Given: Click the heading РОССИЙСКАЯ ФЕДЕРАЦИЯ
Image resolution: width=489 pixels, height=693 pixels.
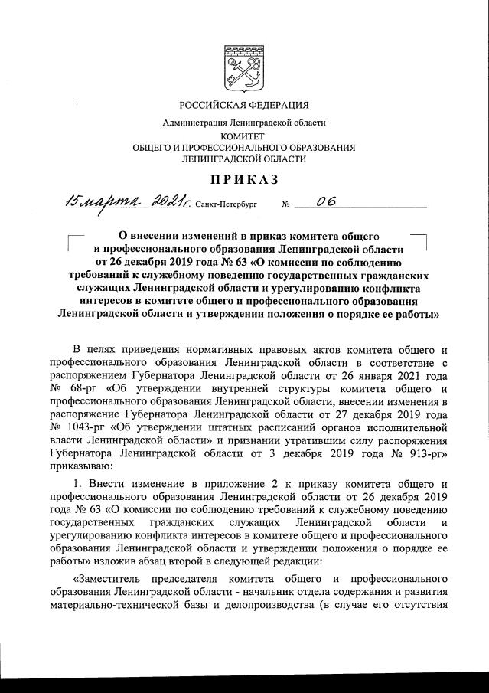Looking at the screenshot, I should (244, 105).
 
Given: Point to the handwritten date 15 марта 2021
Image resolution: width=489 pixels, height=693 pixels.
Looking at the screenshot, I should (128, 203).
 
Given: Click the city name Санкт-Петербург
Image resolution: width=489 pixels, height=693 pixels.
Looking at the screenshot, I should (227, 205).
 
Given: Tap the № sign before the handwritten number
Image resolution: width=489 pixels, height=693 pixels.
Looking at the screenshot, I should (287, 205).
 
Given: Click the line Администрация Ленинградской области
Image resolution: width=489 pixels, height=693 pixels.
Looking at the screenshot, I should (244, 123).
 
